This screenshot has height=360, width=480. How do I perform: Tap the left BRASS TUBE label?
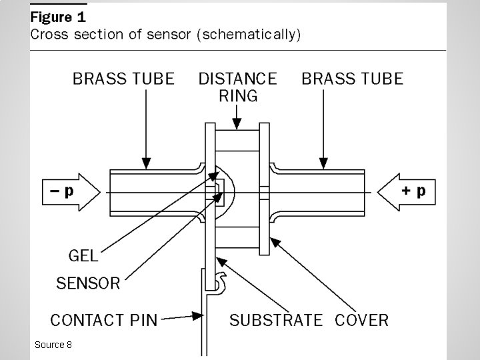[123, 79]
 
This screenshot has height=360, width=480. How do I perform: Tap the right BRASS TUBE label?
[353, 79]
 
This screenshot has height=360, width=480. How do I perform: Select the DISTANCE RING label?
[237, 87]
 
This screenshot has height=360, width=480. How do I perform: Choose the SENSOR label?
[88, 283]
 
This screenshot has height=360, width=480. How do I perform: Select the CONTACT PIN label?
[104, 319]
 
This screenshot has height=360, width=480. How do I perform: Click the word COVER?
[361, 320]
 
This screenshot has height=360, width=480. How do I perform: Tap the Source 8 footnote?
[53, 345]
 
